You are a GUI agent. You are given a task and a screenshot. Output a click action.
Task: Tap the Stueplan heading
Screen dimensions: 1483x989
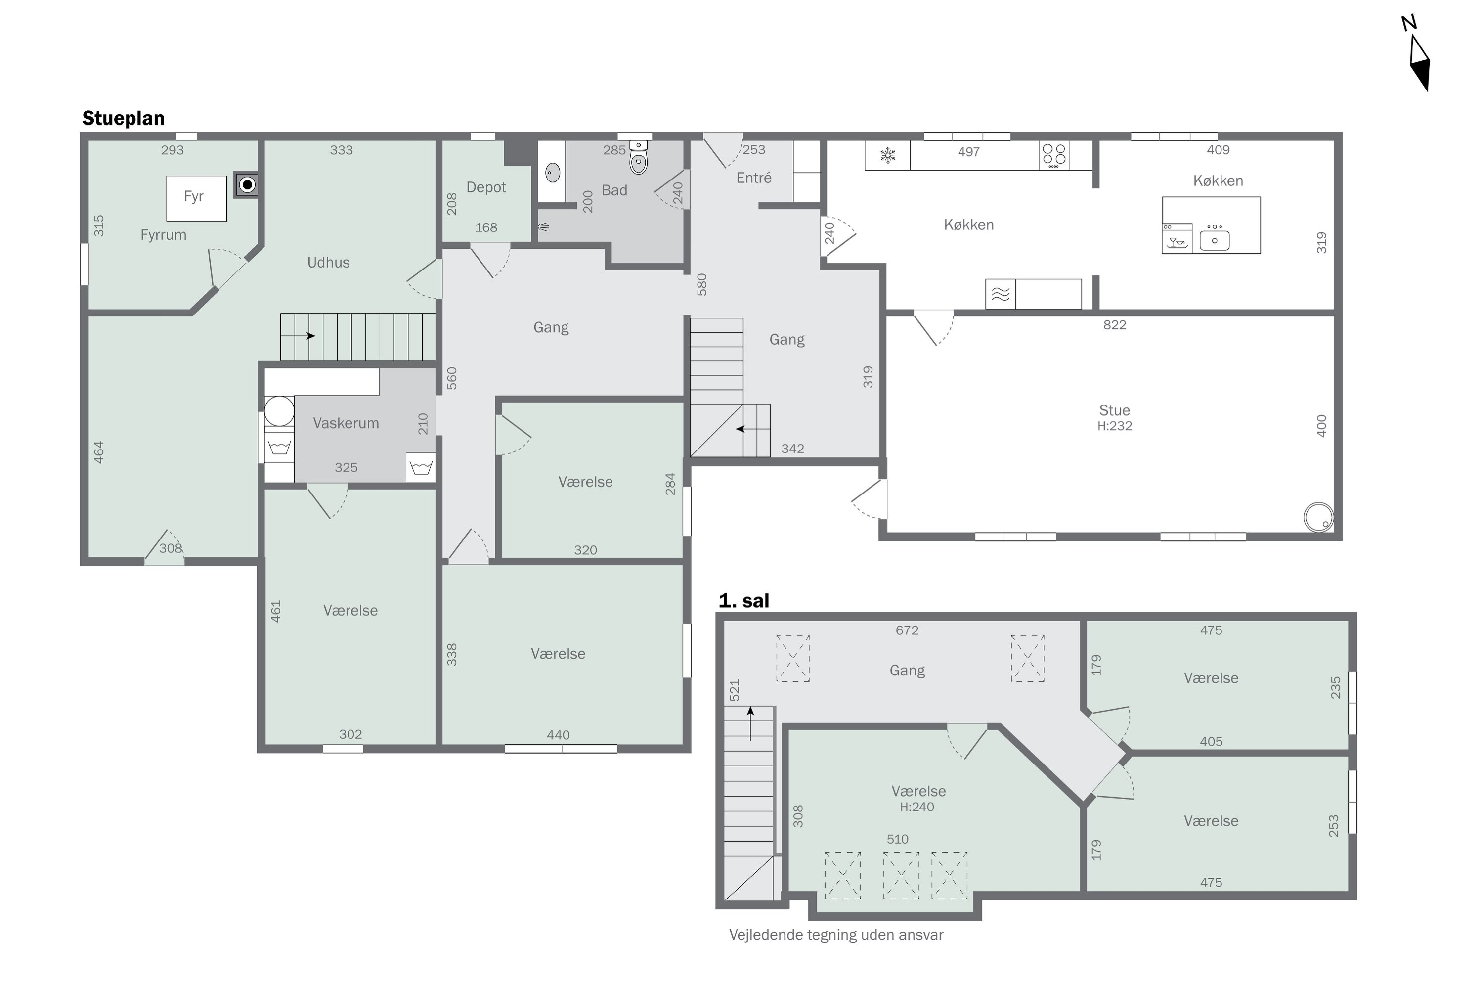123,118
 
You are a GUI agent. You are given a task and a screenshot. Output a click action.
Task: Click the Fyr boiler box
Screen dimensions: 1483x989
196,198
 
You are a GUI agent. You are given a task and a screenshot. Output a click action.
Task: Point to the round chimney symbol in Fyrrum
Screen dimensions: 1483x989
247,185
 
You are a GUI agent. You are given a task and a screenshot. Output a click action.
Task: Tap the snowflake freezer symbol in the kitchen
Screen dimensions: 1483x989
888,155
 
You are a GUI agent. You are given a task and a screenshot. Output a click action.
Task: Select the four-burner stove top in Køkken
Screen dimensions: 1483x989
1053,155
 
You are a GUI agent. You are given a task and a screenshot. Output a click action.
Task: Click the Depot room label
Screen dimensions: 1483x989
486,187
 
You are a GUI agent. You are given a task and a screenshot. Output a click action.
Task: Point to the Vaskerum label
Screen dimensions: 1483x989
346,423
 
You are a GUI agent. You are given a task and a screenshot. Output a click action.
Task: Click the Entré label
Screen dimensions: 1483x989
754,178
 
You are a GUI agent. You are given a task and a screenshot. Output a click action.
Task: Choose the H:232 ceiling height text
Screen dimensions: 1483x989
1115,426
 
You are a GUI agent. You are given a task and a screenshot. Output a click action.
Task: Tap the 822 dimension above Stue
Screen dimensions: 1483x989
1115,325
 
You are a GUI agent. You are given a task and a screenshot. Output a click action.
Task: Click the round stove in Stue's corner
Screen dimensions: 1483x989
1318,517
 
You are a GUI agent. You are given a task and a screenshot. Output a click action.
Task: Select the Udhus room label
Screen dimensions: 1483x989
329,263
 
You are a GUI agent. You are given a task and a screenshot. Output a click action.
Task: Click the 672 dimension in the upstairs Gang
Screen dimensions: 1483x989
907,630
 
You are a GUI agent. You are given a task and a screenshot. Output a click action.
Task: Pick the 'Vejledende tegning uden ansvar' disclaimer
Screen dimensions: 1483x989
836,935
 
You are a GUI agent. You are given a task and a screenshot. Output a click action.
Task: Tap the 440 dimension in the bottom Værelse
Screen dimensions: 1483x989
558,735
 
